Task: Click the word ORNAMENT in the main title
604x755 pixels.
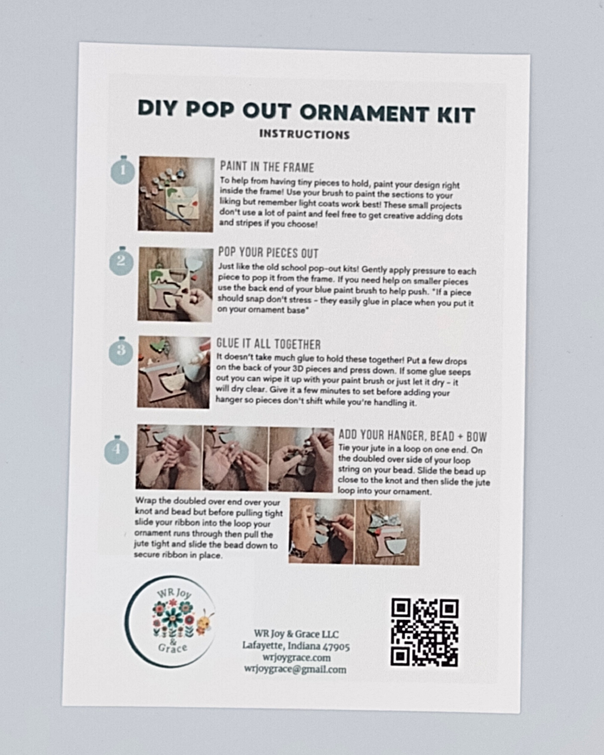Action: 364,113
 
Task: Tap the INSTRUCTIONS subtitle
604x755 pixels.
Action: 305,135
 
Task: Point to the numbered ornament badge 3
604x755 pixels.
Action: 121,351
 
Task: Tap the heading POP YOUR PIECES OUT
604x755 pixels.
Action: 268,253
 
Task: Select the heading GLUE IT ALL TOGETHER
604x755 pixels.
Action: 269,344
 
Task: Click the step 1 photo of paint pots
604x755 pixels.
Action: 176,194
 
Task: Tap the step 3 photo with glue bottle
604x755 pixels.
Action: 174,372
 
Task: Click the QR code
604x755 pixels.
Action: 425,632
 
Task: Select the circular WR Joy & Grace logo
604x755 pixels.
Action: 170,622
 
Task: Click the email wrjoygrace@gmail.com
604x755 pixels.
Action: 295,669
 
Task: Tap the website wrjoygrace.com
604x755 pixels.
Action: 296,657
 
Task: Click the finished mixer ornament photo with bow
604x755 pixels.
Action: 387,532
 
